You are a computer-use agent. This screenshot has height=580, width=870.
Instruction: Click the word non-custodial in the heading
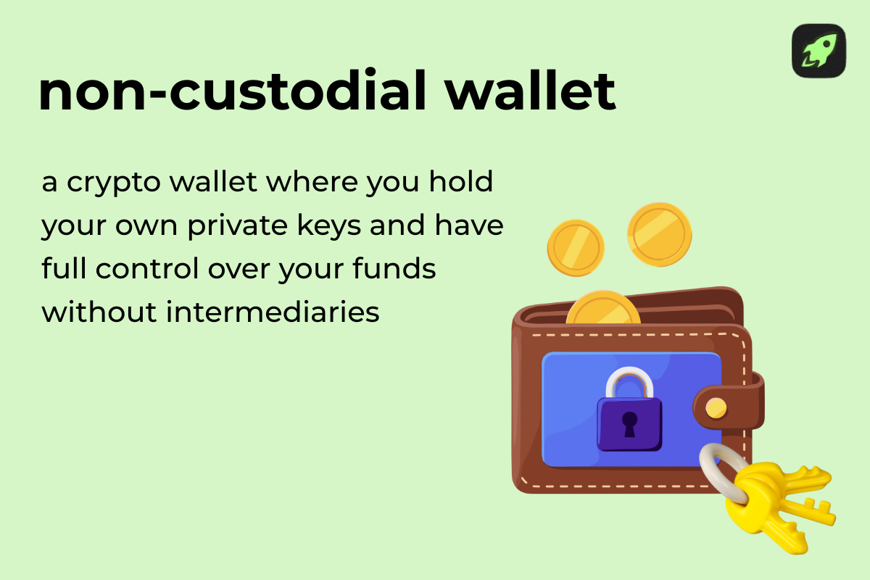(233, 92)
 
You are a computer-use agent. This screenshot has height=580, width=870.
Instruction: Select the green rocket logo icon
(819, 51)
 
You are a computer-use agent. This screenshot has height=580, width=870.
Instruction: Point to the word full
(60, 269)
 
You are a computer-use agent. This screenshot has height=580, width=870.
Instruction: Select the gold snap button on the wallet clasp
(716, 407)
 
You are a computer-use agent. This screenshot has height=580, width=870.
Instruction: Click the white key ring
(718, 468)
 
